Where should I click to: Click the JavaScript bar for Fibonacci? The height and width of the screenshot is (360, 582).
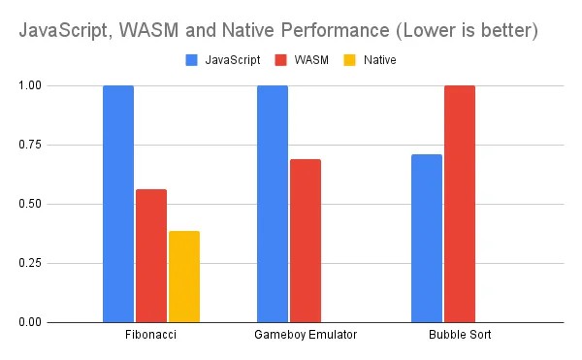pyautogui.click(x=118, y=204)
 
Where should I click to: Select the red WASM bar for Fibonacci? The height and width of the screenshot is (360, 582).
pyautogui.click(x=151, y=255)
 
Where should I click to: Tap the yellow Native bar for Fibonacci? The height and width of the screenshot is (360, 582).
pyautogui.click(x=184, y=277)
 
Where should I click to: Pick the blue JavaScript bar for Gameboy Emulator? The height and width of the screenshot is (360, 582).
pyautogui.click(x=273, y=204)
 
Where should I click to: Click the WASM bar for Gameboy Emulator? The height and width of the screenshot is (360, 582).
pyautogui.click(x=306, y=241)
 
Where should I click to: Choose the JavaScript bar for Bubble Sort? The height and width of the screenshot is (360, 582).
pyautogui.click(x=427, y=238)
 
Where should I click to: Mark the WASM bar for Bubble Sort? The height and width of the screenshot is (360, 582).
pyautogui.click(x=460, y=204)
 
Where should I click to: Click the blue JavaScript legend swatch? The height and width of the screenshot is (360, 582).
pyautogui.click(x=192, y=60)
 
